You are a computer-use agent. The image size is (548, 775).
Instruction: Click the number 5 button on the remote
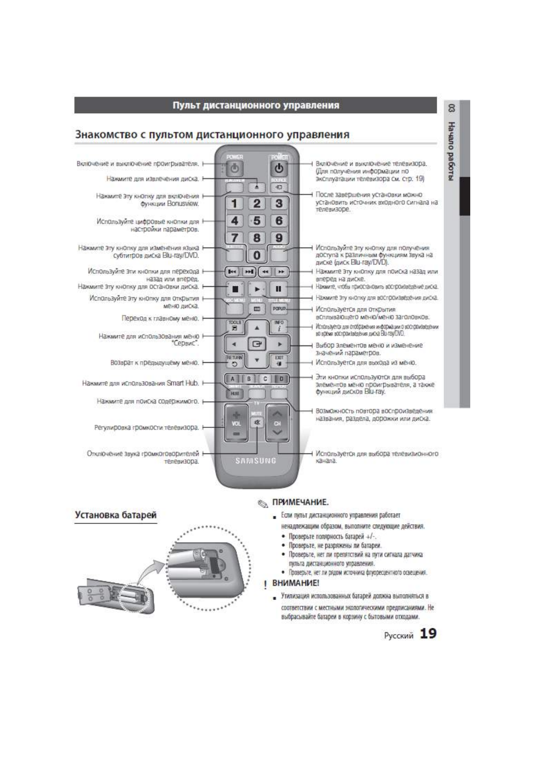click(x=257, y=221)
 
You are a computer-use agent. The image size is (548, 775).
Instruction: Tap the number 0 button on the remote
click(x=257, y=255)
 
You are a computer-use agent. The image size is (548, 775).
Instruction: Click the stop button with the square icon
click(x=235, y=289)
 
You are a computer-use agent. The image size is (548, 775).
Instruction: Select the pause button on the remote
click(x=278, y=289)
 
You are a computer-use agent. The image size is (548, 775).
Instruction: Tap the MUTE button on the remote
click(x=257, y=421)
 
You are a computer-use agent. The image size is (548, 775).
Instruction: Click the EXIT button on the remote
click(x=279, y=361)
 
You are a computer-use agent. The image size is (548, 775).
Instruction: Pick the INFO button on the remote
click(x=279, y=326)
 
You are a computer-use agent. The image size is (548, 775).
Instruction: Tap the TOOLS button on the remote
click(x=235, y=326)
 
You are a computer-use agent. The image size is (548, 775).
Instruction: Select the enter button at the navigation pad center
click(x=257, y=344)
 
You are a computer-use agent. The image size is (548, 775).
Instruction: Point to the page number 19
click(x=427, y=634)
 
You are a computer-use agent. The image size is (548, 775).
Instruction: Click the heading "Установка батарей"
click(x=115, y=515)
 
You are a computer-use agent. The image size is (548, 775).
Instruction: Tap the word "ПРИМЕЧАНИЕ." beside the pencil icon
click(x=300, y=502)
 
